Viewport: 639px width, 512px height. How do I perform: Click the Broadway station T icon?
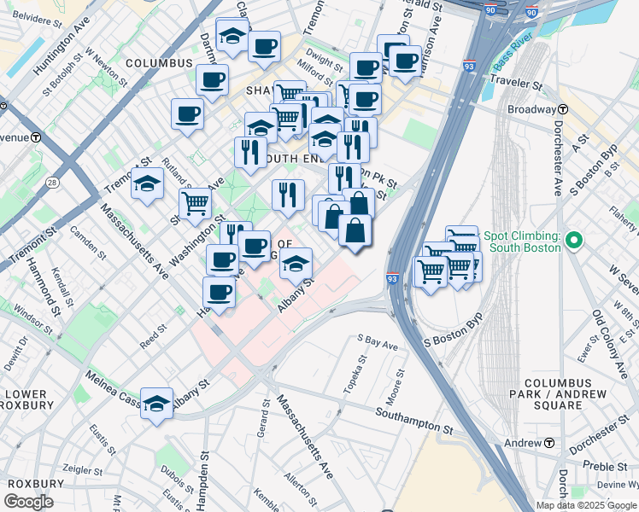(564, 110)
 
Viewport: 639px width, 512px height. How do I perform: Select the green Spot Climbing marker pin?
(574, 241)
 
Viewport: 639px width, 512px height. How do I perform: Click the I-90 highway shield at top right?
(531, 12)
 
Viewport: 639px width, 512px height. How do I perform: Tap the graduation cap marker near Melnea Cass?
(157, 403)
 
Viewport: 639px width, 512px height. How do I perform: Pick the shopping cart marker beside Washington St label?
(196, 204)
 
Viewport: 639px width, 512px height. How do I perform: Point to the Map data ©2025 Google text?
(586, 505)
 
